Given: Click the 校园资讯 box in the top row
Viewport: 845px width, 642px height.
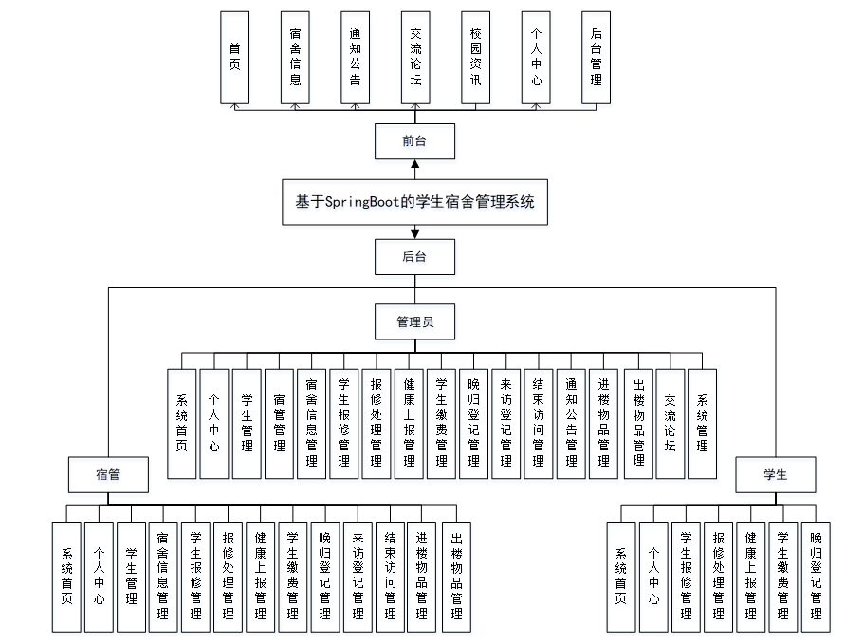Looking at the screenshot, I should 475,58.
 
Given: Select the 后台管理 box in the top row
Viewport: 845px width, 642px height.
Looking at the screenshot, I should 596,58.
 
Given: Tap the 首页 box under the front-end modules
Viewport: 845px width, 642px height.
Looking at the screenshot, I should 234,58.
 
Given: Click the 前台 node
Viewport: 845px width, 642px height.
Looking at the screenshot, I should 414,141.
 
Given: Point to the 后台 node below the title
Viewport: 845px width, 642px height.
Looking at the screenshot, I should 414,256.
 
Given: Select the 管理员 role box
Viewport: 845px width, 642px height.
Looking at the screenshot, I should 414,322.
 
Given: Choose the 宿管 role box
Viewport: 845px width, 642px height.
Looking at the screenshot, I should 108,474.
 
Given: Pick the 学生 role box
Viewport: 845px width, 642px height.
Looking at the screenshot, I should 775,474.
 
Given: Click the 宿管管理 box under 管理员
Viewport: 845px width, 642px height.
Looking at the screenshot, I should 279,423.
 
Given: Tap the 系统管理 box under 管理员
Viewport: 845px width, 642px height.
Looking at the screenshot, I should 702,423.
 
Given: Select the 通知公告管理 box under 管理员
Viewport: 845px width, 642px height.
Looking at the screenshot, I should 571,423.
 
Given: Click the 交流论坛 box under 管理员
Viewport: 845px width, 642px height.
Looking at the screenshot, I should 670,423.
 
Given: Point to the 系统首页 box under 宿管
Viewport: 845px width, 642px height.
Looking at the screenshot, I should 66,576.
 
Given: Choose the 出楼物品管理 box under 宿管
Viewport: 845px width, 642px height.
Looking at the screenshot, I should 456,576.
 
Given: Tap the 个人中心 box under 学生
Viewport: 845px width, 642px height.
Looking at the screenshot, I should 653,576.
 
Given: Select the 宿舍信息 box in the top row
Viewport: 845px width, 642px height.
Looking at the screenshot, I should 295,58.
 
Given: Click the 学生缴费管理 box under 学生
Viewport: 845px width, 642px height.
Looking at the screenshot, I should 783,576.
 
